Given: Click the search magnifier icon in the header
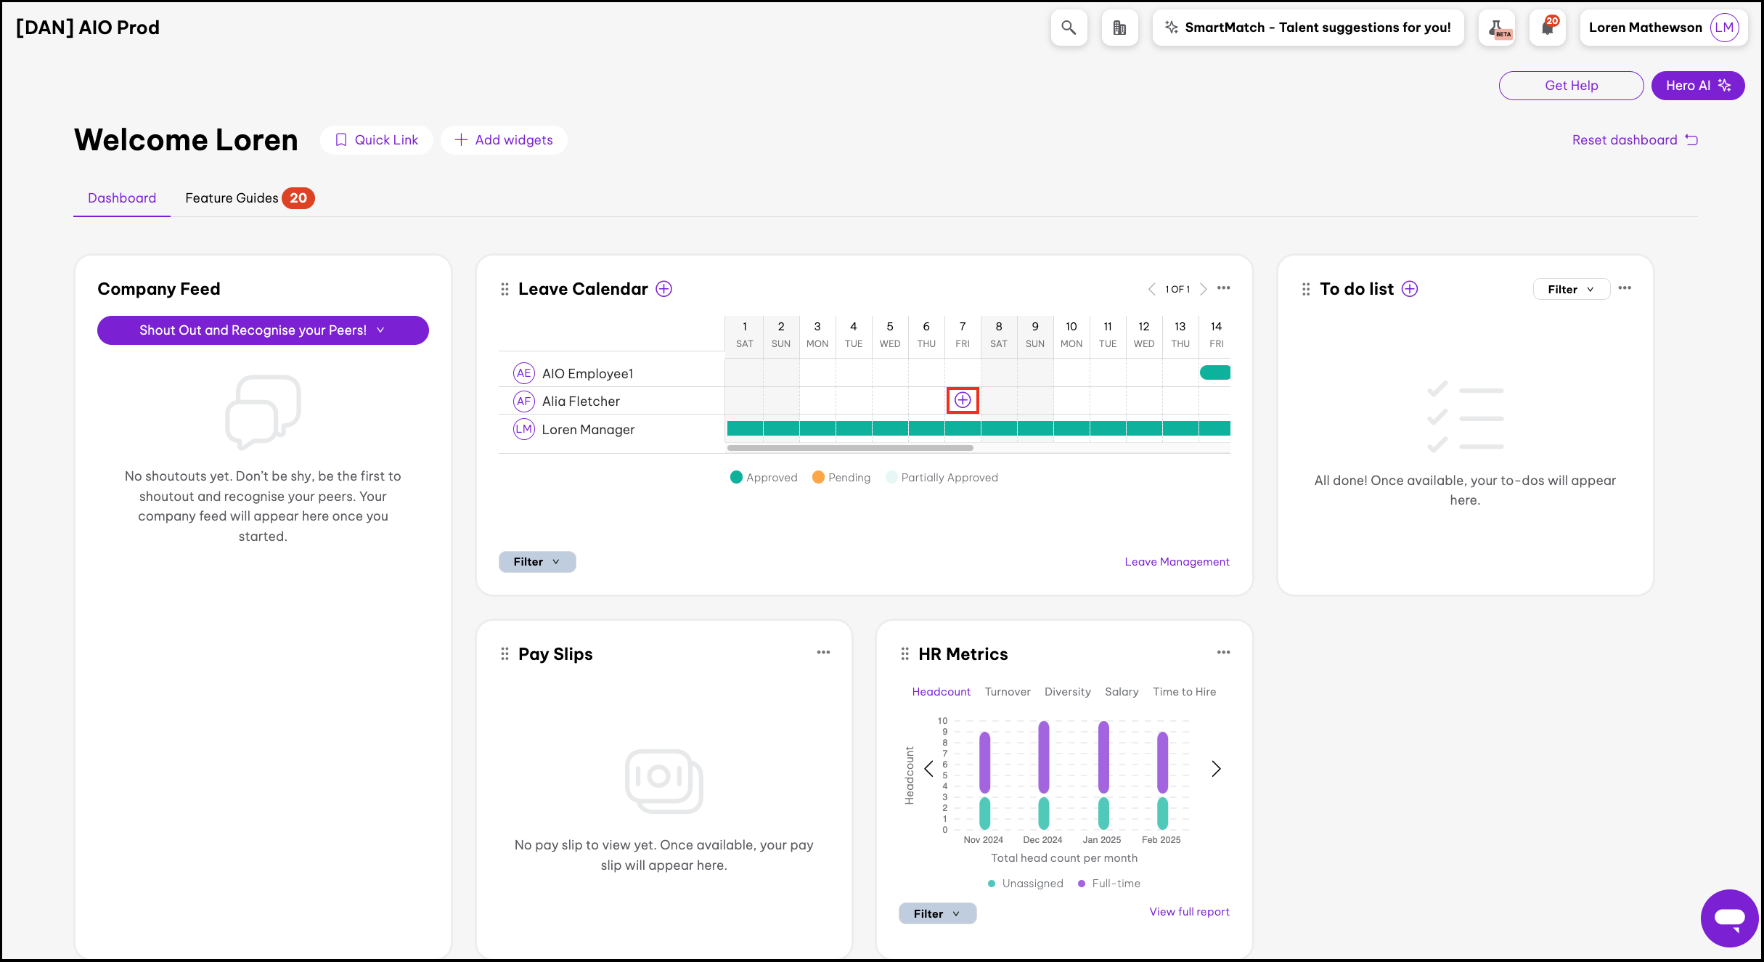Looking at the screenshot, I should point(1069,28).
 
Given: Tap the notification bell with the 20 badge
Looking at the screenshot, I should point(1548,28).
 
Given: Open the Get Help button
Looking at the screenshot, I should point(1571,86).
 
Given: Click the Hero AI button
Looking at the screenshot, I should point(1697,86).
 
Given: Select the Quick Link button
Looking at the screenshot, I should point(377,140).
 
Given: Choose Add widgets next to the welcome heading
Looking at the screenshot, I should point(504,140).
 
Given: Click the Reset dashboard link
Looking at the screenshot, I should point(1634,140).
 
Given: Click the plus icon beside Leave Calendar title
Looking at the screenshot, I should point(663,289).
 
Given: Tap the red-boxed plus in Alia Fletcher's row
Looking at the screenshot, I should point(963,400).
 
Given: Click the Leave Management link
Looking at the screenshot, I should point(1177,562).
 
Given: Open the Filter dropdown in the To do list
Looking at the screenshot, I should point(1571,289).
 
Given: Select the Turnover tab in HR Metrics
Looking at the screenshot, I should point(1007,692).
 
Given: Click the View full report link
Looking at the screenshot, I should point(1189,912).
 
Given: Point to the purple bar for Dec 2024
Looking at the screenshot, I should point(1043,757).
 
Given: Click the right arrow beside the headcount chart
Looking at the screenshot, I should point(1216,768).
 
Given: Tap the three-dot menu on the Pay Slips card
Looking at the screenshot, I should point(823,653).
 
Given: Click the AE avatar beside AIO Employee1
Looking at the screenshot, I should point(523,373).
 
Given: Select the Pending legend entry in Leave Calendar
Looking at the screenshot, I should point(841,478).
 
